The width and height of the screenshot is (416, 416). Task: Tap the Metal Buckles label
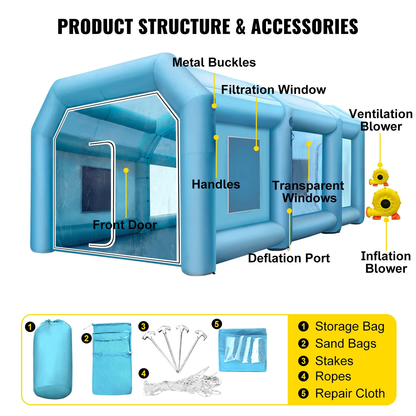click(214, 63)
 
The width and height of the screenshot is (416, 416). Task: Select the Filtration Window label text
click(273, 90)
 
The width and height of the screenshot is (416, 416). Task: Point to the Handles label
click(216, 184)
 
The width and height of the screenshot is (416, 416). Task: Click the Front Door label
click(125, 225)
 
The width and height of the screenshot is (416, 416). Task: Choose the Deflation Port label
click(289, 258)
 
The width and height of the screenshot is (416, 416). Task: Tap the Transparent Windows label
click(308, 192)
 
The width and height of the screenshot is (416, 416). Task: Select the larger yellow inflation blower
click(384, 204)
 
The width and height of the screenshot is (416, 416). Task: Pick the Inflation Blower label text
click(386, 262)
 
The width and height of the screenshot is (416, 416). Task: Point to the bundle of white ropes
click(182, 382)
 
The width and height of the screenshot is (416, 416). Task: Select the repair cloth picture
click(243, 350)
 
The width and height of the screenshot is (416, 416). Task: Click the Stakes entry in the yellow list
click(334, 361)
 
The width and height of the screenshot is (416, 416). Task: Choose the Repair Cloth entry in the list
click(350, 393)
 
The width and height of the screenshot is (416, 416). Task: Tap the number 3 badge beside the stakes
click(144, 326)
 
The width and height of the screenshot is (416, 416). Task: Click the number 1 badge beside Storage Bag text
click(303, 326)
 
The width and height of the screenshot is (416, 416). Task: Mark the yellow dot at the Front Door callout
click(126, 170)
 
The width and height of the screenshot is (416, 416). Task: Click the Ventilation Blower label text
click(381, 120)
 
